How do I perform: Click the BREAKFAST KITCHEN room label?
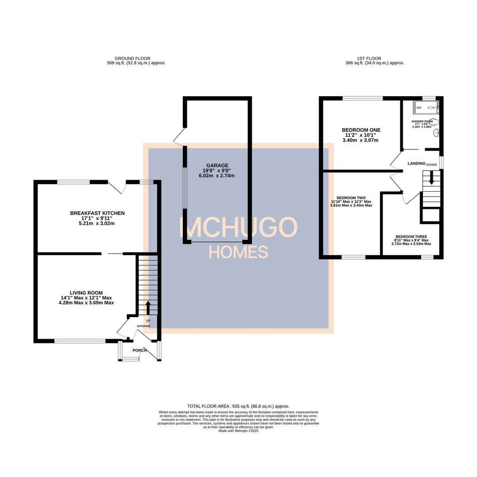pos(97,213)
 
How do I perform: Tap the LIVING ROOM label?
pos(86,293)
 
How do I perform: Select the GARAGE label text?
pos(216,166)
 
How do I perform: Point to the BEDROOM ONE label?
pos(361,130)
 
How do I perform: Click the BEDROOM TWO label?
pos(351,198)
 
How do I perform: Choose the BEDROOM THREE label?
pos(411,236)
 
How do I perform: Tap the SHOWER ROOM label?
pos(422,121)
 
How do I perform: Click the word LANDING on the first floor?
pos(416,163)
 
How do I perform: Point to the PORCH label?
pos(139,350)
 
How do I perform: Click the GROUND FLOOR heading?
pos(132,58)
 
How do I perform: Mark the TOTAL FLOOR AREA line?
pos(238,406)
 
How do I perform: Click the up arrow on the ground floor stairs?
pos(148,307)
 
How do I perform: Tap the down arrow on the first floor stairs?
pos(432,180)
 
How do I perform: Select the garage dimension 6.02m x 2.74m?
pos(216,176)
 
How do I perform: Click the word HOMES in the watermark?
pos(238,252)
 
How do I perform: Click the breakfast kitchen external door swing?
pos(117,187)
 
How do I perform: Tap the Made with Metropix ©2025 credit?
pos(238,431)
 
